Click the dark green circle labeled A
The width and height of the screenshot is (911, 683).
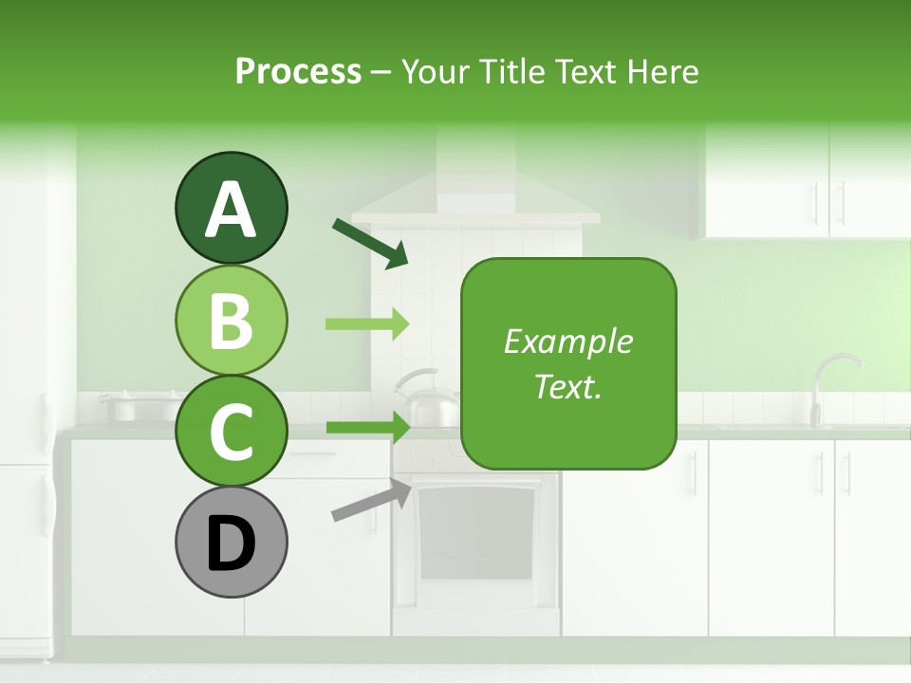click(x=231, y=209)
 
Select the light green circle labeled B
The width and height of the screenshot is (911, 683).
click(x=231, y=320)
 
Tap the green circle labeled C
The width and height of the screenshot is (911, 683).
click(x=231, y=431)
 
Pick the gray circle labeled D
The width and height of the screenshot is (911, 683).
click(x=231, y=542)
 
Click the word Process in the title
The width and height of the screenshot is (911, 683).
click(x=298, y=71)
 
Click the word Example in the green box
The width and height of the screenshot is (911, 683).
click(x=567, y=341)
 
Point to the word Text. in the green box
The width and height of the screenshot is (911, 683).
click(x=567, y=386)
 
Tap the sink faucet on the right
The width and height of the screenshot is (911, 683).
click(x=834, y=384)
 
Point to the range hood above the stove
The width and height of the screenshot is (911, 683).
click(x=474, y=190)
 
